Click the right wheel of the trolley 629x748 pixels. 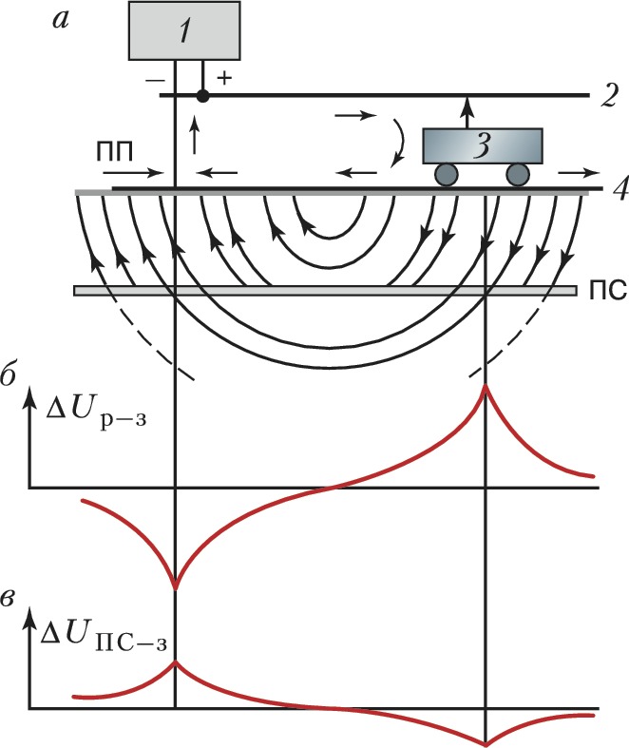coord(517,174)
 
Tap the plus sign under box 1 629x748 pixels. coord(224,77)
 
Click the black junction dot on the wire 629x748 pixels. coord(201,95)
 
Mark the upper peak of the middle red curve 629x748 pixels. coord(486,385)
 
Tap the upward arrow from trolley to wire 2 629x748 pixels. coord(467,111)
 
